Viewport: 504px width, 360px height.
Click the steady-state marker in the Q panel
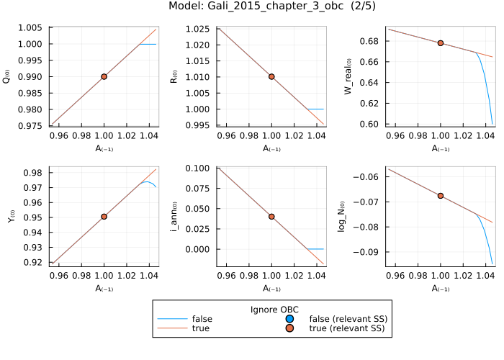click(104, 76)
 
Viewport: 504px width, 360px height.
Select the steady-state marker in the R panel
click(271, 76)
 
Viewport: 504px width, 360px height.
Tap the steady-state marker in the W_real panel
click(440, 43)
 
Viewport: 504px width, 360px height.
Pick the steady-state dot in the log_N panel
click(440, 195)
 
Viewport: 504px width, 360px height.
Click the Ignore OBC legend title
click(274, 310)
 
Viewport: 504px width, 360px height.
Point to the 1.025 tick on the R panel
click(202, 28)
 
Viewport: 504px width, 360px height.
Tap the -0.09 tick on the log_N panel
click(371, 252)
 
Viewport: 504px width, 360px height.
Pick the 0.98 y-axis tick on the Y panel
click(37, 173)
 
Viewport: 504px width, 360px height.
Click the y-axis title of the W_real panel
click(347, 76)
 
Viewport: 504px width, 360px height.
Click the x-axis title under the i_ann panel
click(271, 289)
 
